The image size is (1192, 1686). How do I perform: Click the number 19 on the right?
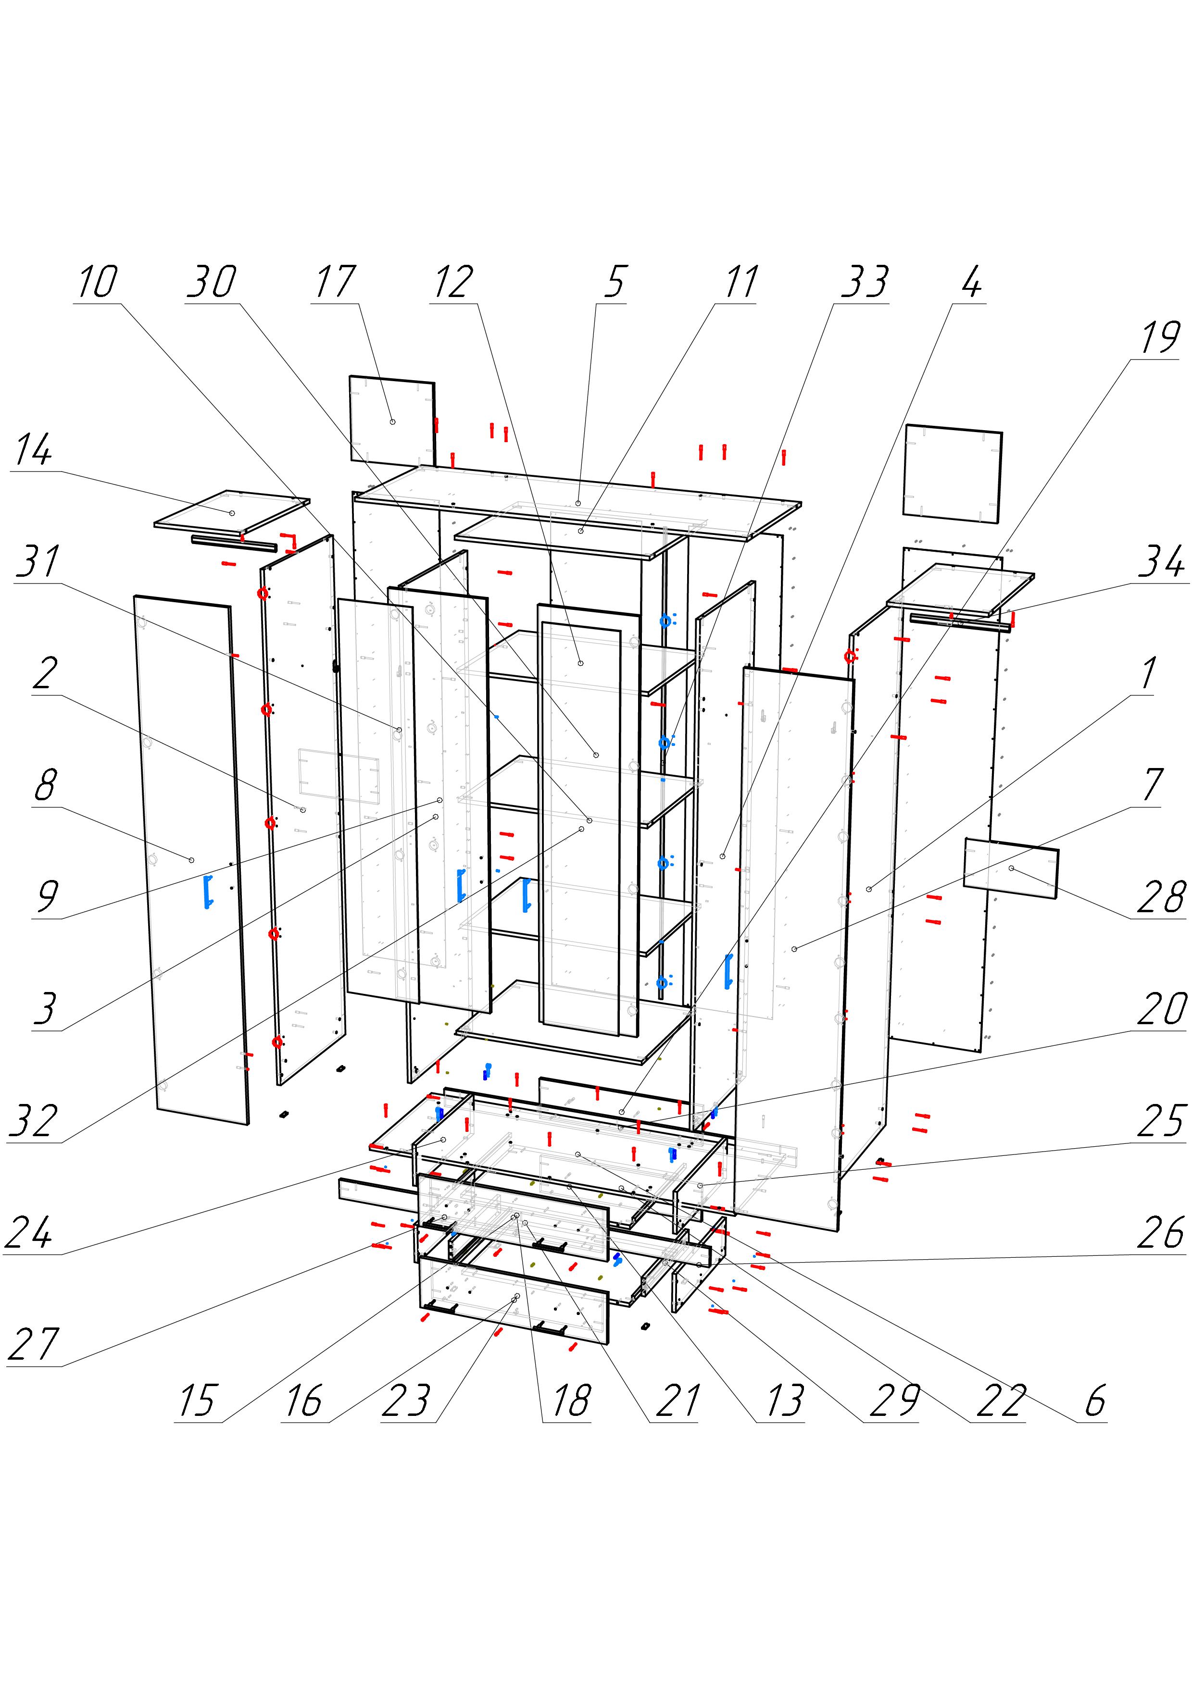coord(1159,338)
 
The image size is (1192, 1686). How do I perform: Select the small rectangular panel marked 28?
coord(1011,868)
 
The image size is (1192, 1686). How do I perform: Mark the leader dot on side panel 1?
coord(869,889)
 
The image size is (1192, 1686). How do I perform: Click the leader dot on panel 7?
coord(795,950)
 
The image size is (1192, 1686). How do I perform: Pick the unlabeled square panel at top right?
coord(954,473)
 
